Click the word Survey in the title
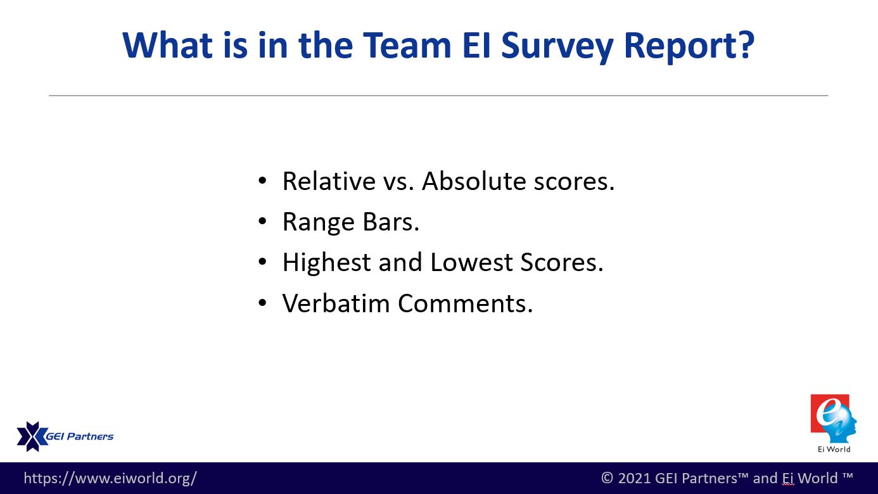557,46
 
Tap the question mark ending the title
744,45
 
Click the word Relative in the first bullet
329,181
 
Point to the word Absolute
474,181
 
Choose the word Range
319,223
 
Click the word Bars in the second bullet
391,222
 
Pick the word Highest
326,263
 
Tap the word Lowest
471,262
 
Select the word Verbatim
336,303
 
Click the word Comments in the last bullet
465,303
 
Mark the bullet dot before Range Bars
263,221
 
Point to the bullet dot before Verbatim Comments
263,303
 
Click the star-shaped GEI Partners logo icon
32,436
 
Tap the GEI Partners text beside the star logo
80,436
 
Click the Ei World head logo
833,419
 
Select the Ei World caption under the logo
834,449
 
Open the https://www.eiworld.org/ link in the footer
110,478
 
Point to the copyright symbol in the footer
607,478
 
